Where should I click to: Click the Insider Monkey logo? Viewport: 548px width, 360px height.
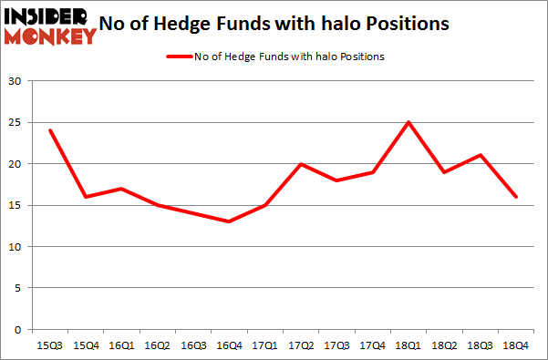tap(51, 26)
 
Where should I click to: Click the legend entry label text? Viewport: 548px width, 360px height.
tap(289, 57)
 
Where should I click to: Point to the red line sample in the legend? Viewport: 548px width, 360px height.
tap(178, 57)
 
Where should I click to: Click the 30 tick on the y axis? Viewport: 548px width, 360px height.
tap(16, 81)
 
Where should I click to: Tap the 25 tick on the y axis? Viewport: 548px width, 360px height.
tap(16, 122)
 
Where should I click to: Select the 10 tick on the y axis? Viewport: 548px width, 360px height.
tap(16, 246)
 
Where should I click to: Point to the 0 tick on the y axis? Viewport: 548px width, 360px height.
tap(19, 329)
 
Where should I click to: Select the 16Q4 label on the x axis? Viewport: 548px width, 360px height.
tap(228, 346)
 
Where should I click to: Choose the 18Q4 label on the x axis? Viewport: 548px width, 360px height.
tap(516, 346)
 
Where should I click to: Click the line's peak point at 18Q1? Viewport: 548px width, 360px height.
tap(408, 122)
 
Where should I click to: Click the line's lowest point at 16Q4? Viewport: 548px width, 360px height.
tap(228, 221)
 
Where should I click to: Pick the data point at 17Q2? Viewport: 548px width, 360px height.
tap(300, 164)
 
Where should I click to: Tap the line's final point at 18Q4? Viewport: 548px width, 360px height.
tap(516, 197)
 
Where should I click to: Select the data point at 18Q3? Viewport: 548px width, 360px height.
tap(480, 155)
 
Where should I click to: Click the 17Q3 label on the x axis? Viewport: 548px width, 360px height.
tap(336, 346)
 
